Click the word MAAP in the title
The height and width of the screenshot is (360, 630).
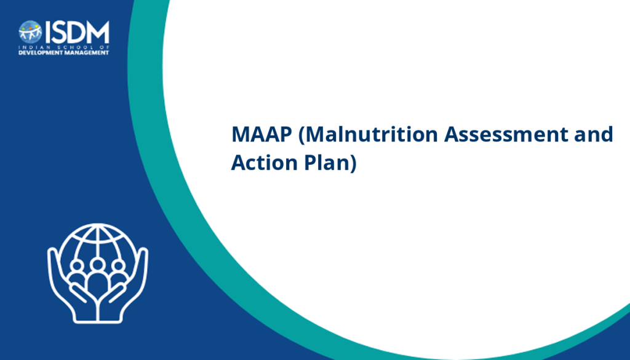tap(261, 134)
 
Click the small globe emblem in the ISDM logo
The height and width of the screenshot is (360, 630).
tap(30, 32)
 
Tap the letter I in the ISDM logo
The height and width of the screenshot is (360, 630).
tap(47, 32)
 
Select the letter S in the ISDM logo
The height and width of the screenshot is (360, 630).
tap(60, 32)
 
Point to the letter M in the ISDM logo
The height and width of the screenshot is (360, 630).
tap(98, 32)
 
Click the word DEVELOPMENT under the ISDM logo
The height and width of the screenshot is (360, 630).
tap(40, 53)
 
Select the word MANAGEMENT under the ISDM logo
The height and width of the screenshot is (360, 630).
tap(86, 53)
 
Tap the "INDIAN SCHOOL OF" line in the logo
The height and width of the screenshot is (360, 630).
tap(63, 47)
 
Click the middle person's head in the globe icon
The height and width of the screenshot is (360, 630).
tap(97, 265)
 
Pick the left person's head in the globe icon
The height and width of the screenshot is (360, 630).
tap(77, 266)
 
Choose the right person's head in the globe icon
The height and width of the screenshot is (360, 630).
tap(118, 266)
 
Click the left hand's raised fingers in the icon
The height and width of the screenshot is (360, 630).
tap(53, 265)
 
